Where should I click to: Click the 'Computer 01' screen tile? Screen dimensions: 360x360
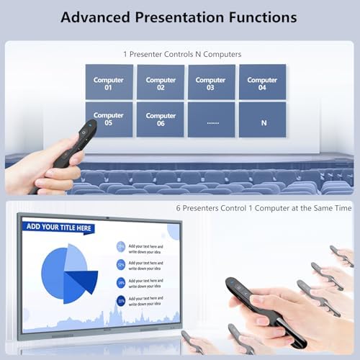click(x=109, y=81)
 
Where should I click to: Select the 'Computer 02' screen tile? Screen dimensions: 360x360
click(x=161, y=81)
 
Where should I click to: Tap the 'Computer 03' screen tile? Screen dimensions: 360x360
click(x=211, y=81)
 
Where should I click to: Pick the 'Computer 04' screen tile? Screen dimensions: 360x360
click(x=262, y=81)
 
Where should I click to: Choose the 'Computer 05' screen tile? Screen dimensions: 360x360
click(x=109, y=119)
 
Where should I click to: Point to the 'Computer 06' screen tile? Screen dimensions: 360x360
click(x=161, y=119)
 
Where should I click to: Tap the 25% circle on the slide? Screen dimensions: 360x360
click(x=120, y=247)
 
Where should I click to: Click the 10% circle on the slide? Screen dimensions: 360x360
click(x=120, y=300)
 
